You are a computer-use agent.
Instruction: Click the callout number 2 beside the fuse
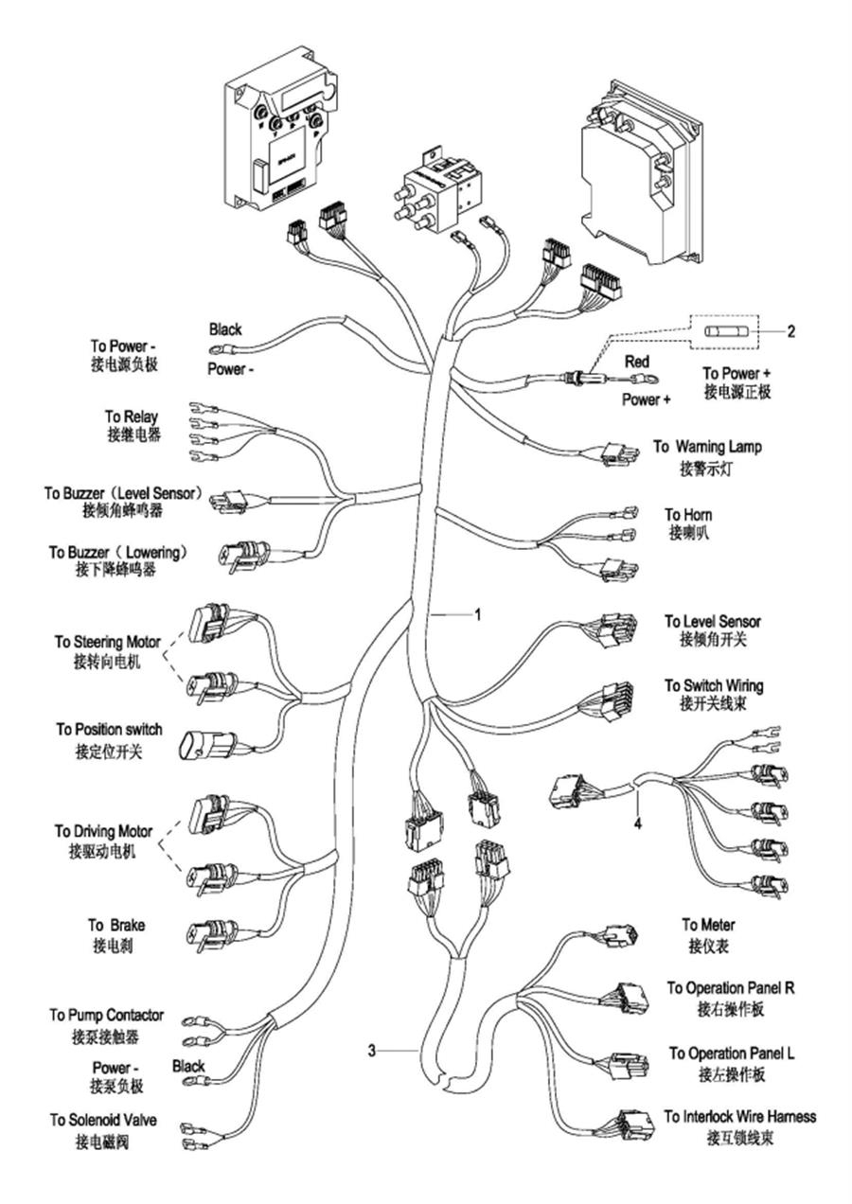790,331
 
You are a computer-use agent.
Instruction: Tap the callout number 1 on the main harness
477,613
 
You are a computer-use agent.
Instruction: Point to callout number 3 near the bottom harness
371,1050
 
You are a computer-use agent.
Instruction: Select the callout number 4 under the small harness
637,823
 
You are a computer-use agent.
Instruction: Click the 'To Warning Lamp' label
707,447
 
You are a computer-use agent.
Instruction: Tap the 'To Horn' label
688,514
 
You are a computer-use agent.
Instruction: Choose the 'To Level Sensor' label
712,622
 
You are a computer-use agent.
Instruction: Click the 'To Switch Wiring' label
714,686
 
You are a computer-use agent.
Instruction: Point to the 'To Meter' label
708,924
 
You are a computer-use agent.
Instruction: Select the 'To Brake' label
116,925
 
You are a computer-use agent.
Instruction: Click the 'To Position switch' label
109,730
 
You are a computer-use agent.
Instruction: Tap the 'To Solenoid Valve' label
103,1120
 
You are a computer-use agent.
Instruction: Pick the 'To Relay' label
132,416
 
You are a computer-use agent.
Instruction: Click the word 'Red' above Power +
637,362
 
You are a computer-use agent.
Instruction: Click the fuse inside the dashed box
724,331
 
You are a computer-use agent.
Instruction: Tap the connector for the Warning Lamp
621,454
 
